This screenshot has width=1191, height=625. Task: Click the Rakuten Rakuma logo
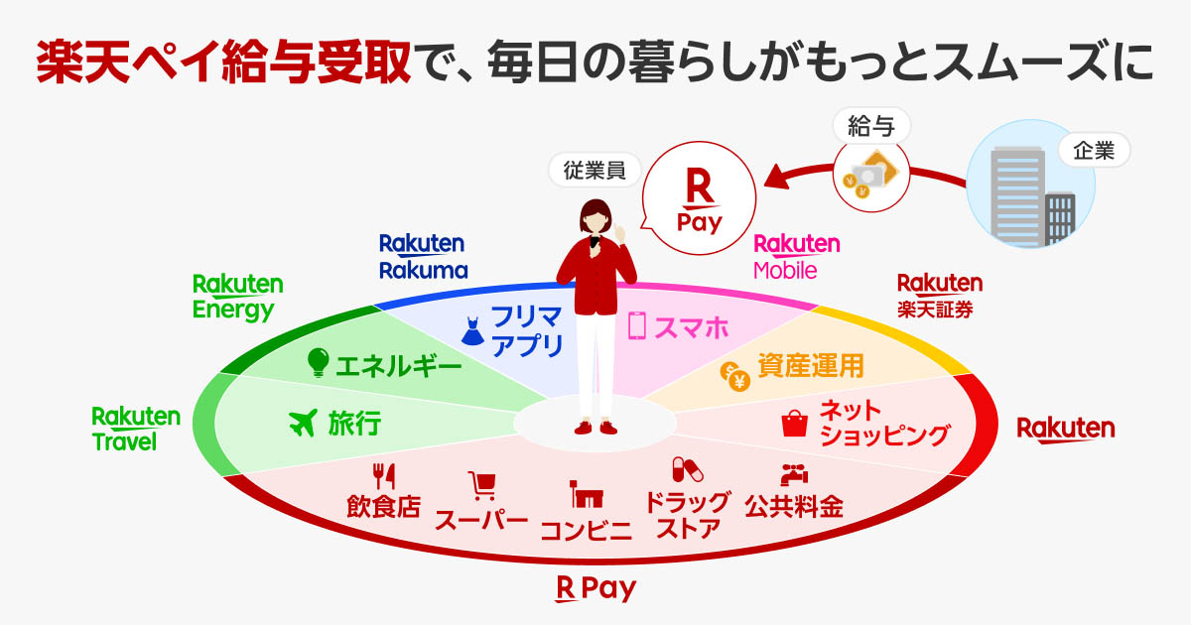click(x=423, y=257)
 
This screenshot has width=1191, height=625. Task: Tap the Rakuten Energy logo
click(x=237, y=298)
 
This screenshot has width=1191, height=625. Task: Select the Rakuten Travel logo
click(x=136, y=429)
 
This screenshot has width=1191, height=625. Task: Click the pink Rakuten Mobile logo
click(x=797, y=257)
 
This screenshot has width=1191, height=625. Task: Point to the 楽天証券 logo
click(x=940, y=296)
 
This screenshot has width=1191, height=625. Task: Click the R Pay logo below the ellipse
click(x=595, y=589)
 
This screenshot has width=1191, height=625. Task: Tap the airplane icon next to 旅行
click(x=303, y=423)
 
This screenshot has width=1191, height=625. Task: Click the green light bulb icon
click(x=318, y=362)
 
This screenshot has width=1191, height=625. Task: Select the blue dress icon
click(x=472, y=331)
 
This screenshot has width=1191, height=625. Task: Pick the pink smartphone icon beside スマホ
click(x=636, y=325)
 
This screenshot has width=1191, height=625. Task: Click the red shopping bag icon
click(x=794, y=423)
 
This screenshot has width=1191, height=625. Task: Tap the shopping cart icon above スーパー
click(x=482, y=486)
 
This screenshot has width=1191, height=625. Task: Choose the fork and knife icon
click(x=383, y=476)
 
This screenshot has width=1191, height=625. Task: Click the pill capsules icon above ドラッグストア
click(x=687, y=470)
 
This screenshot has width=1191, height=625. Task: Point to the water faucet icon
click(x=794, y=474)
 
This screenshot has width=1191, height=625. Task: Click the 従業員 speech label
click(x=595, y=170)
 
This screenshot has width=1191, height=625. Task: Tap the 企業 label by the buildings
click(x=1094, y=151)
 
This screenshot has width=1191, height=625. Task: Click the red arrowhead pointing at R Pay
click(x=776, y=177)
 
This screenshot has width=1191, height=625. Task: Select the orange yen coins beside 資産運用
click(x=734, y=376)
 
